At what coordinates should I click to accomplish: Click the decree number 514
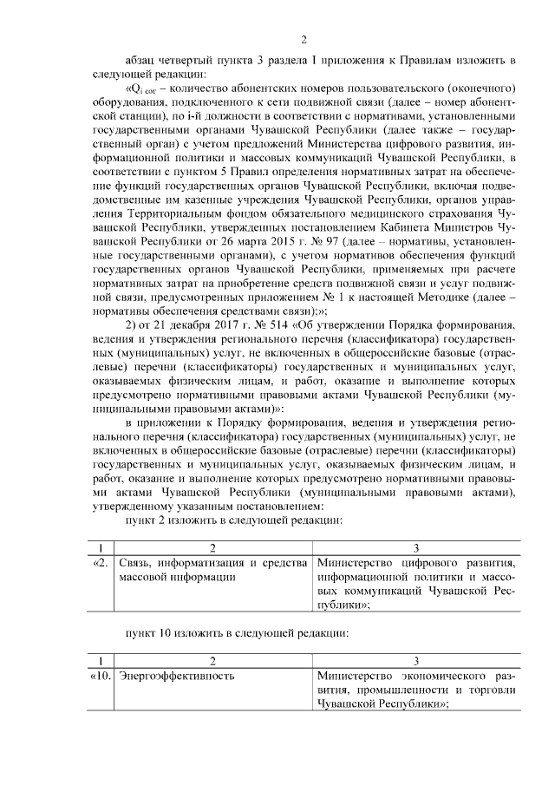[x=257, y=324]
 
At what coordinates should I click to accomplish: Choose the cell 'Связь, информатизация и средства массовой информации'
[x=212, y=570]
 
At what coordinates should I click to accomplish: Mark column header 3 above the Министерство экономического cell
[x=416, y=660]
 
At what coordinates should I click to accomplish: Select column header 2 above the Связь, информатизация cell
[x=212, y=548]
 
